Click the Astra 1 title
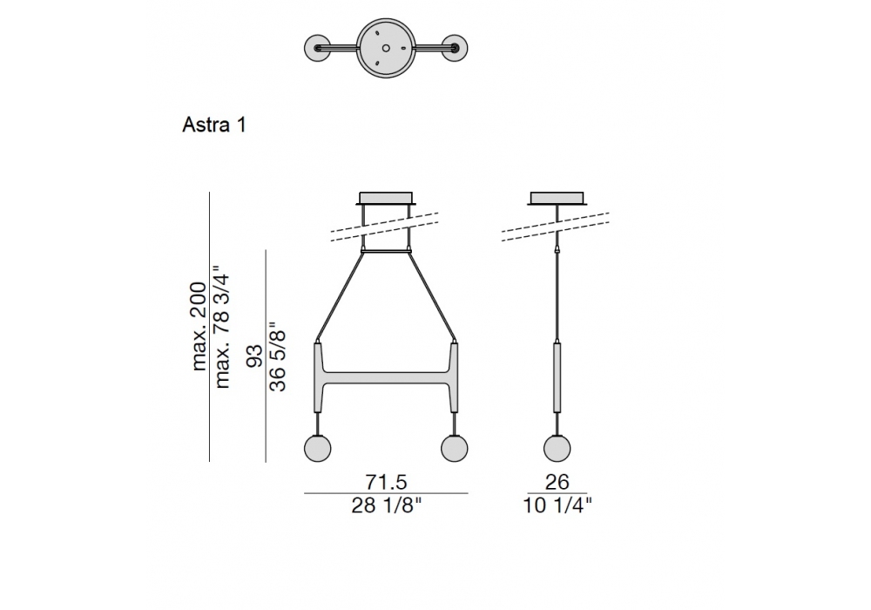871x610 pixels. click(x=214, y=125)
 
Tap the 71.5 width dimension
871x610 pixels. click(x=386, y=481)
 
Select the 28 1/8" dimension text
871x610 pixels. click(x=386, y=505)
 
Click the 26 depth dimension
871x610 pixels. click(x=557, y=481)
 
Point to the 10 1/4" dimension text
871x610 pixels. click(x=557, y=505)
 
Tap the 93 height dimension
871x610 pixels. click(x=253, y=356)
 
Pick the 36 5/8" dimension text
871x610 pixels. click(x=277, y=356)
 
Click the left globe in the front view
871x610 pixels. click(x=318, y=448)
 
